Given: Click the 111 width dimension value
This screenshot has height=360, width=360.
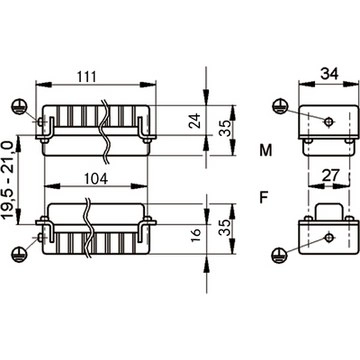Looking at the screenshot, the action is [x=87, y=77].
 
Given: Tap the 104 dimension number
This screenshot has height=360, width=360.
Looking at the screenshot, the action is [x=96, y=179].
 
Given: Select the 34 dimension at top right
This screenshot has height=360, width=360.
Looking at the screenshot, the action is [x=329, y=73].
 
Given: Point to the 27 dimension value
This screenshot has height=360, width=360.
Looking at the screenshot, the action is [x=330, y=175].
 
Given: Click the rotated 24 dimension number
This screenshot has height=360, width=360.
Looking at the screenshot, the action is [x=195, y=121].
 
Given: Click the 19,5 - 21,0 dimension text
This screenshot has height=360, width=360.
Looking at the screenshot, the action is [x=9, y=179].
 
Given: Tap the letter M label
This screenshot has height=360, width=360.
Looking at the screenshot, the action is [x=266, y=151].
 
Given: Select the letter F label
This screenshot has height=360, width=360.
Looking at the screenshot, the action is [x=264, y=198].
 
